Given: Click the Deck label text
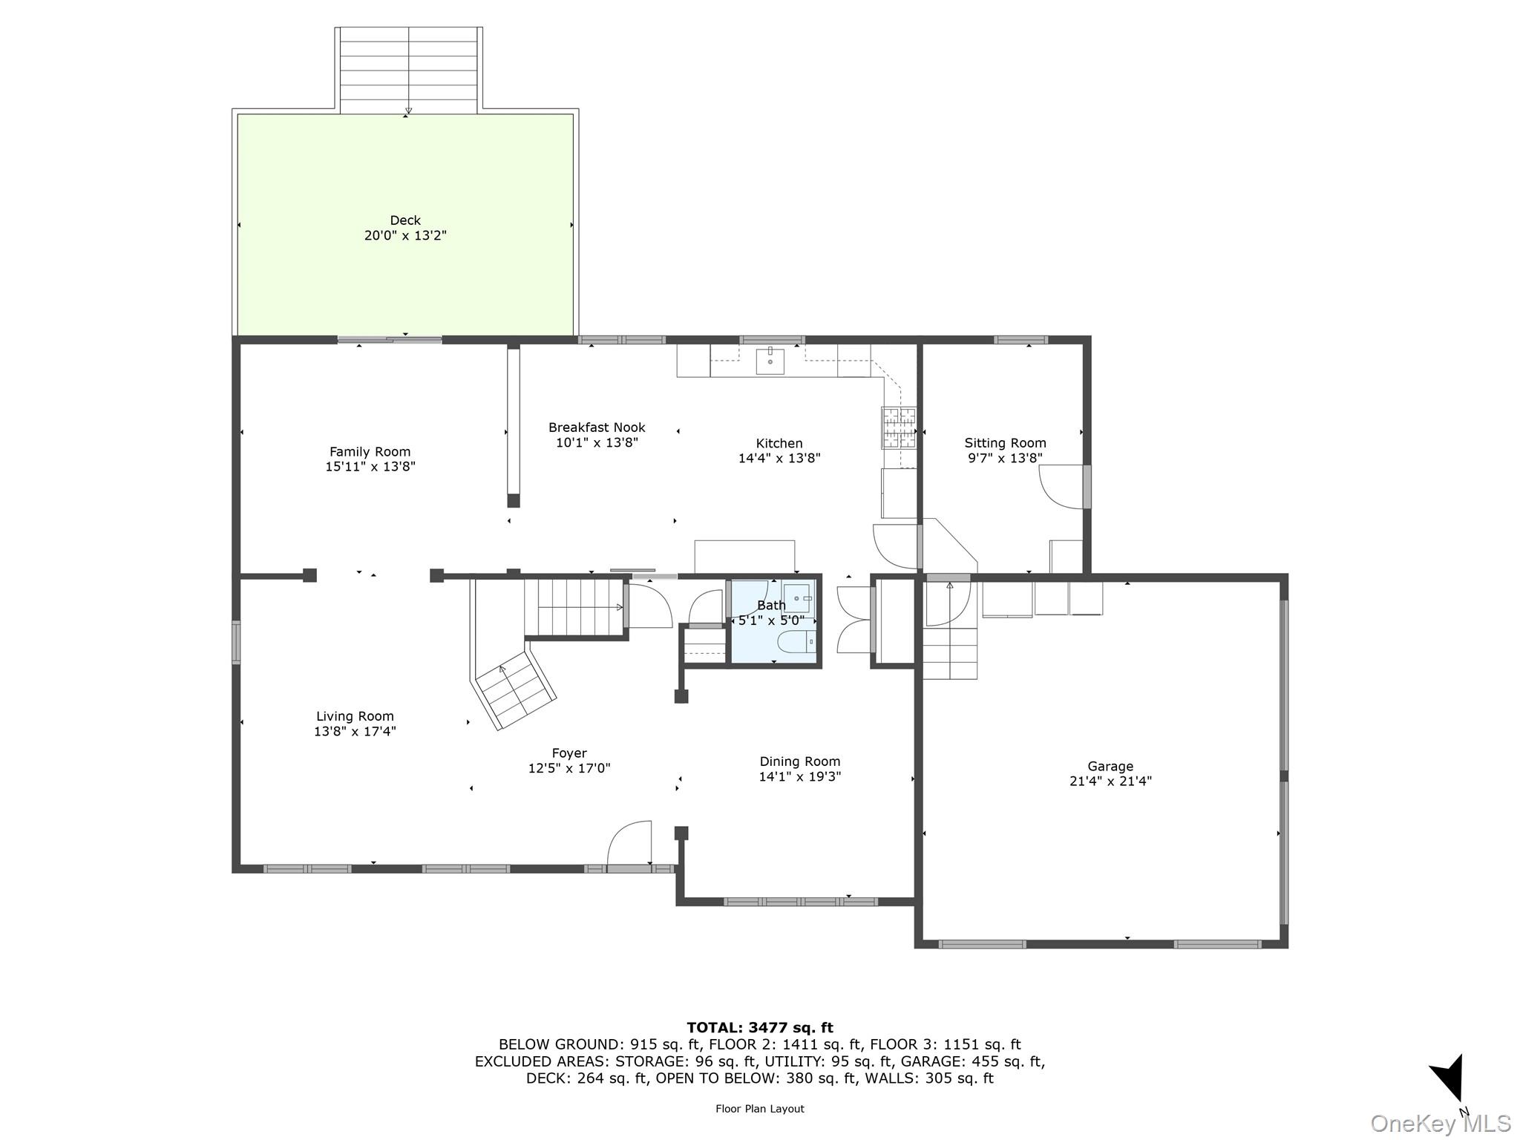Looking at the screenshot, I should pyautogui.click(x=405, y=220).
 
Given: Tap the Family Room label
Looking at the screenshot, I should pyautogui.click(x=370, y=451).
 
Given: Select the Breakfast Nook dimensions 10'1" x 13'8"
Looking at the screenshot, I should pyautogui.click(x=597, y=443).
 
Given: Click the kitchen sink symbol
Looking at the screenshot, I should pyautogui.click(x=770, y=361).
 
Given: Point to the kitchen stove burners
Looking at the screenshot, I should pyautogui.click(x=898, y=427).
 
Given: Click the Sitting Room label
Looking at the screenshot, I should pyautogui.click(x=1005, y=443).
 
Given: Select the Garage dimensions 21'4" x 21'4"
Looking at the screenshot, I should pyautogui.click(x=1110, y=781).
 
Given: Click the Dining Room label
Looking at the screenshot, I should pyautogui.click(x=799, y=761).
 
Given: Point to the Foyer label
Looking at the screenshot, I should pyautogui.click(x=569, y=753).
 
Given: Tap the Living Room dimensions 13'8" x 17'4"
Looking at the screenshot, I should pyautogui.click(x=355, y=731).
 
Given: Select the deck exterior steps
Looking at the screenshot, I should pyautogui.click(x=408, y=71).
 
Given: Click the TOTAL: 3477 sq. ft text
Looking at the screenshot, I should pyautogui.click(x=759, y=1028).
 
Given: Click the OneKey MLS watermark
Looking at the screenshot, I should pyautogui.click(x=1440, y=1123).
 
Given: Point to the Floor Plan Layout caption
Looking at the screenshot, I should pyautogui.click(x=759, y=1109).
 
